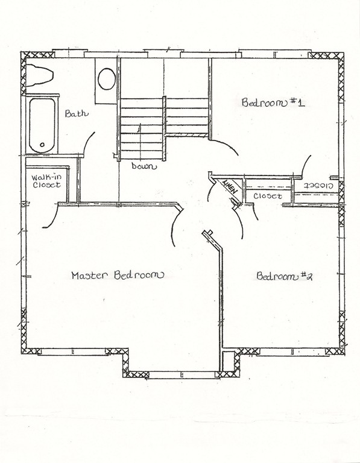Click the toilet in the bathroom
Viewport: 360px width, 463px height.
click(39, 75)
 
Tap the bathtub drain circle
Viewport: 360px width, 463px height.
click(42, 145)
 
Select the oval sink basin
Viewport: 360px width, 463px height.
click(107, 79)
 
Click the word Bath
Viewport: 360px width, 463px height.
click(76, 113)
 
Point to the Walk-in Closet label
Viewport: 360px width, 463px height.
click(46, 181)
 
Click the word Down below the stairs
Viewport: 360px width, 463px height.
click(144, 166)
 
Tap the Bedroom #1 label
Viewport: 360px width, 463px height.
click(273, 102)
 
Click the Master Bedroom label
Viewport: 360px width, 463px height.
click(117, 275)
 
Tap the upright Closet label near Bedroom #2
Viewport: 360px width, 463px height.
click(268, 196)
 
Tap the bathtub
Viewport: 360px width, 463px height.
click(42, 125)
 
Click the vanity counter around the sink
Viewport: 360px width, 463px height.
click(106, 81)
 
